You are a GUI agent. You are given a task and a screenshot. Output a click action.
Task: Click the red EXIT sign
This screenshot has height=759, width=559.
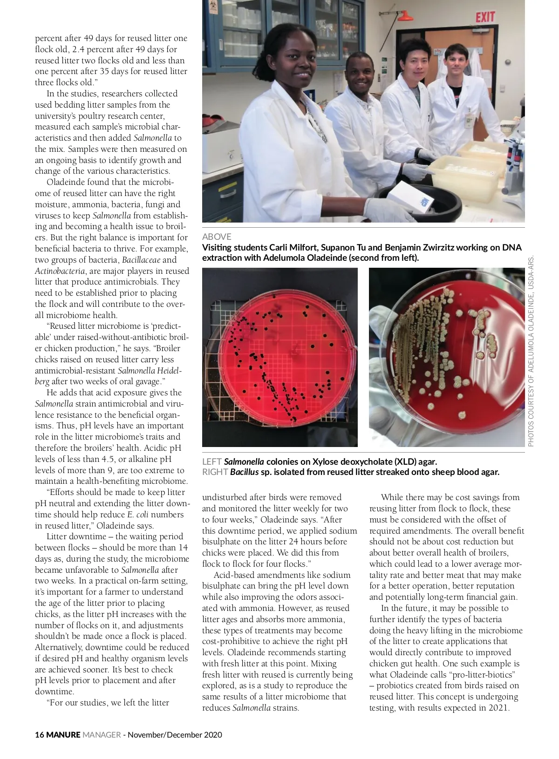tap(485, 17)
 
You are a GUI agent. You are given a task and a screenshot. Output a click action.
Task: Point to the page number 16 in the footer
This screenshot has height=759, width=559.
tap(39, 735)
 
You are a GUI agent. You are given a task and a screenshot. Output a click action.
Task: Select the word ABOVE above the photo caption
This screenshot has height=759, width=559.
tap(217, 237)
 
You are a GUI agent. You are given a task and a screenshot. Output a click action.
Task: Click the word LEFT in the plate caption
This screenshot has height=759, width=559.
tap(211, 462)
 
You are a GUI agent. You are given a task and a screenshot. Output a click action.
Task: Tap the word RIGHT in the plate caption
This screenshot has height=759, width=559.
tap(215, 472)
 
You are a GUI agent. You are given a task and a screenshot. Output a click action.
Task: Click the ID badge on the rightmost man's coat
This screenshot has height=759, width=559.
tap(470, 120)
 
